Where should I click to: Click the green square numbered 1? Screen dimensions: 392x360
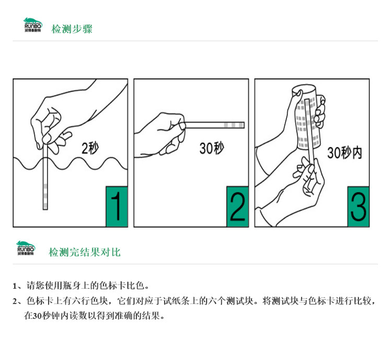[x=117, y=207]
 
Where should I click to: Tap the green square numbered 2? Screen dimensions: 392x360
[x=237, y=207]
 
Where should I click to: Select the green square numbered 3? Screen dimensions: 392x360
[x=358, y=207]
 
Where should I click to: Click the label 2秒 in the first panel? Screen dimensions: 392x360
[x=90, y=148]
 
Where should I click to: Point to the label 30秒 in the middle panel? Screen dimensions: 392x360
[x=212, y=148]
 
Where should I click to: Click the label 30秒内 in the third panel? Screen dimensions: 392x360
[x=344, y=152]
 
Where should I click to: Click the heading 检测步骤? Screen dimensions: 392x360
[x=72, y=29]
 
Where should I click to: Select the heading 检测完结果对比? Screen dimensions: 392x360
[x=85, y=252]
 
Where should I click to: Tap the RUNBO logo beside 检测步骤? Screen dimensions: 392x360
[x=33, y=25]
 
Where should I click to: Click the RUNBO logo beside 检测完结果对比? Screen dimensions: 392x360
[x=26, y=248]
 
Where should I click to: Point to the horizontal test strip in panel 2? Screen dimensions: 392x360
[x=214, y=125]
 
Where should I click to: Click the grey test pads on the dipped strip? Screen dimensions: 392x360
[x=45, y=196]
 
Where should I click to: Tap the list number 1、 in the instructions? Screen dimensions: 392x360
[x=18, y=286]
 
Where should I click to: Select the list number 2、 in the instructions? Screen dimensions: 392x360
[x=18, y=301]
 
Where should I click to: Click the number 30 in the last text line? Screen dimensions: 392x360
[x=37, y=316]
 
